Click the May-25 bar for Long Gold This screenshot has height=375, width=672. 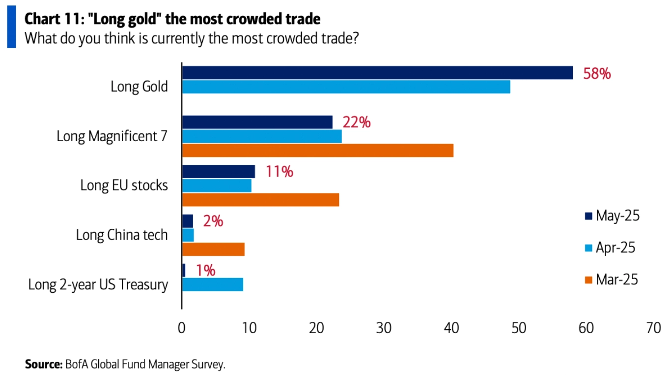click(377, 72)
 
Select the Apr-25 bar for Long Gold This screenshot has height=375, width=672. click(346, 87)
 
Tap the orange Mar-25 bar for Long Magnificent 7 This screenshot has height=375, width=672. click(317, 150)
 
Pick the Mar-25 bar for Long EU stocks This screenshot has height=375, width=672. click(260, 199)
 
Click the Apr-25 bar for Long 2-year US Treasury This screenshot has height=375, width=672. click(212, 284)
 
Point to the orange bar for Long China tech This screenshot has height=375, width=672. click(213, 250)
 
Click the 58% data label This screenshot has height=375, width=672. click(597, 74)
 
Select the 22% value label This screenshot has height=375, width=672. click(357, 122)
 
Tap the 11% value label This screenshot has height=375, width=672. click(280, 172)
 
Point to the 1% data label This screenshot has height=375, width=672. click(206, 271)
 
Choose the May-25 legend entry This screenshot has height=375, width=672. click(612, 216)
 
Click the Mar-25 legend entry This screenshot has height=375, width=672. click(612, 280)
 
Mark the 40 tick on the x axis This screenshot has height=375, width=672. click(451, 328)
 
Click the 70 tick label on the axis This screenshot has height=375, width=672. click(654, 328)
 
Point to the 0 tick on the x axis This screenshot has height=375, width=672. click(182, 328)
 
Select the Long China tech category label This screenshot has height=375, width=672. click(122, 235)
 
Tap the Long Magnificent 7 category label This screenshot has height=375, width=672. click(112, 136)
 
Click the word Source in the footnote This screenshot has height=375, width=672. click(43, 365)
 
